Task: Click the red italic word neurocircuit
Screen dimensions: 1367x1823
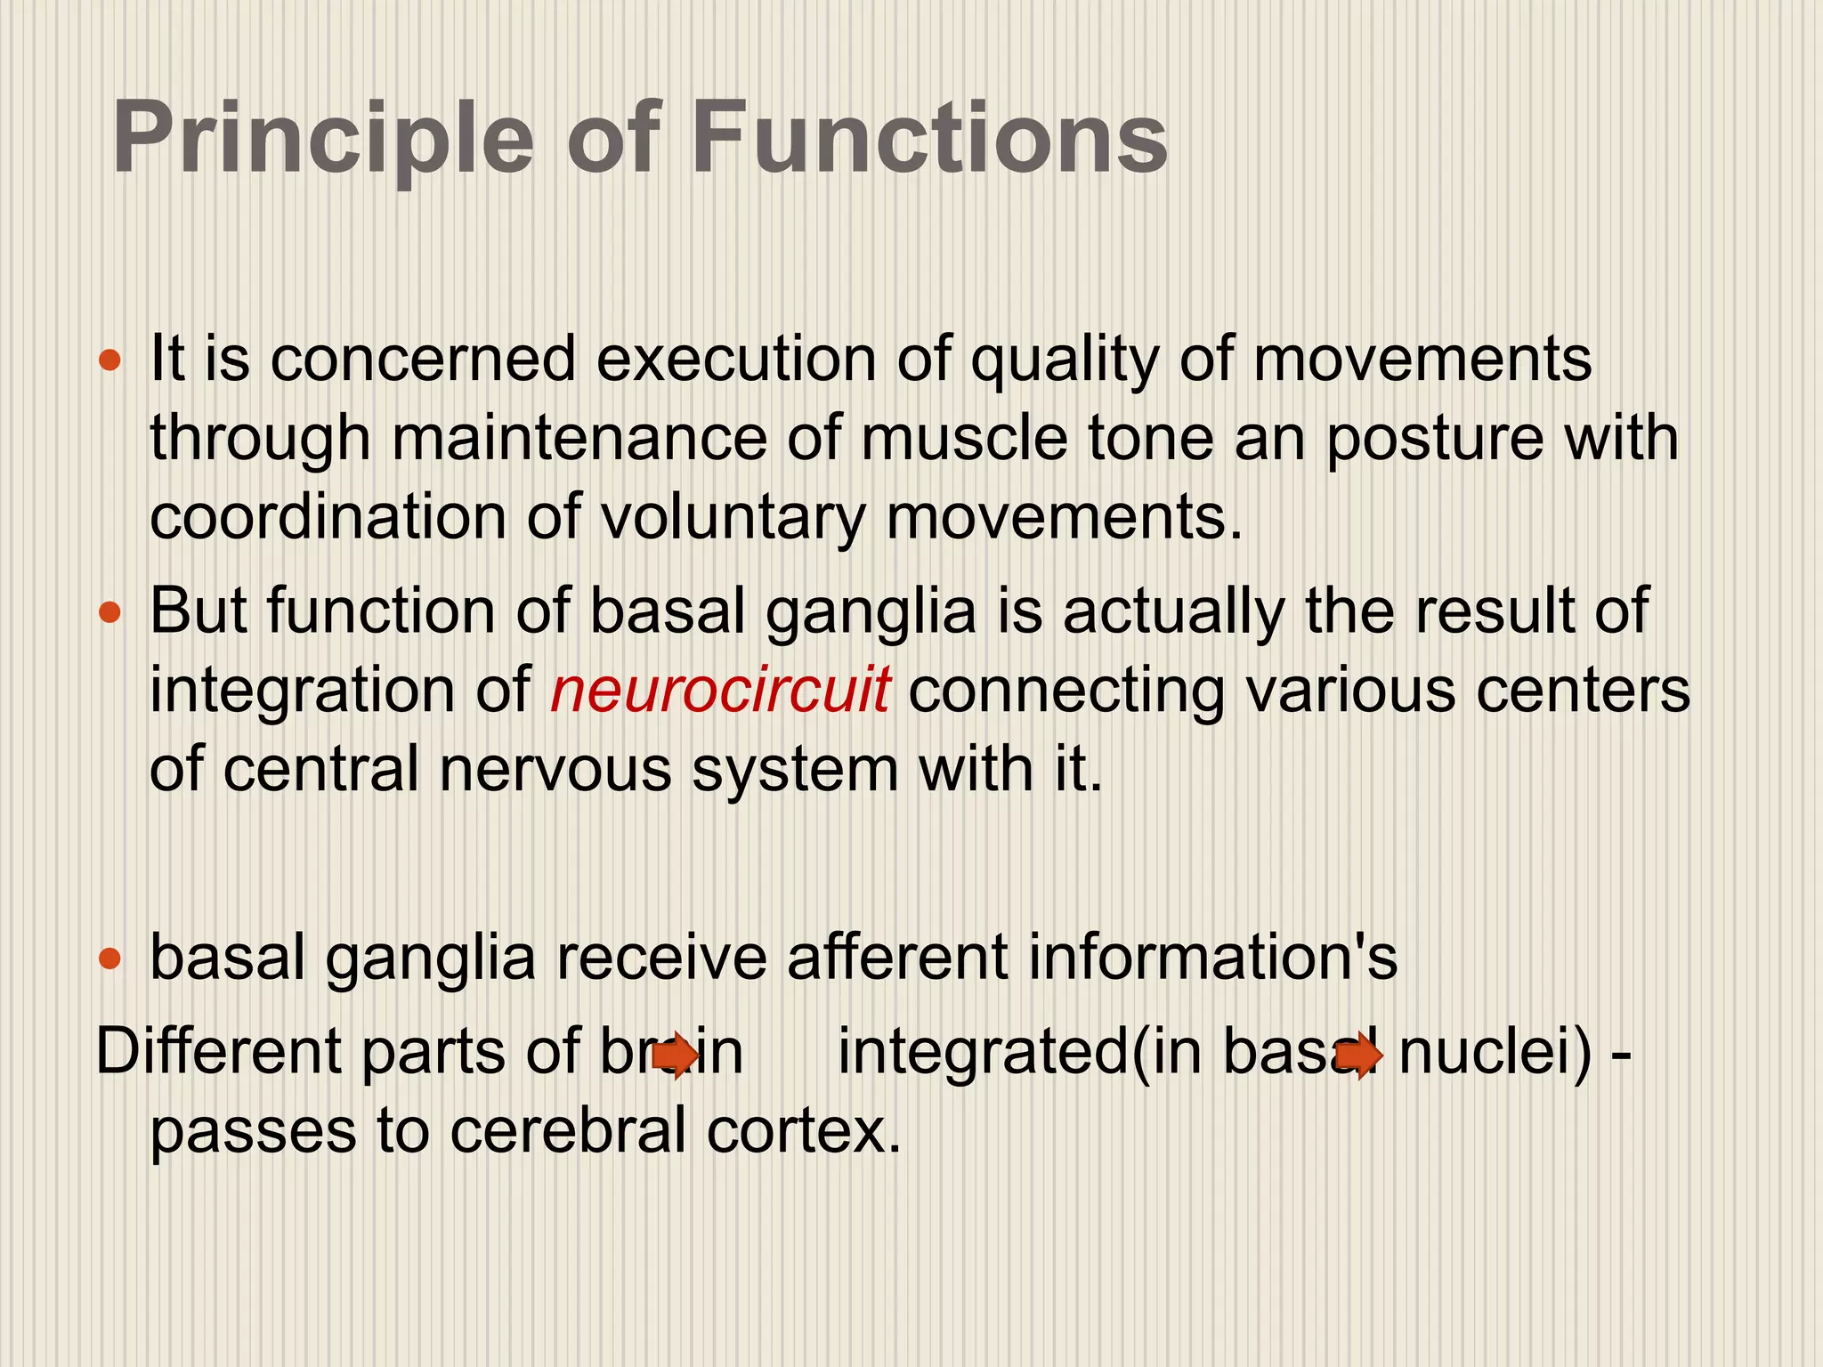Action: tap(719, 690)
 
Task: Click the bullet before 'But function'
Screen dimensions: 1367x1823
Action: tap(109, 613)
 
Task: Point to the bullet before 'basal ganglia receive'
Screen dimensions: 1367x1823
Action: tap(109, 959)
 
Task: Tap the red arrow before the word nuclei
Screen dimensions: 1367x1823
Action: tap(1359, 1056)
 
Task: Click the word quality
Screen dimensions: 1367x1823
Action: tap(1065, 361)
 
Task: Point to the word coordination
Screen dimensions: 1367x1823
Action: tap(328, 517)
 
